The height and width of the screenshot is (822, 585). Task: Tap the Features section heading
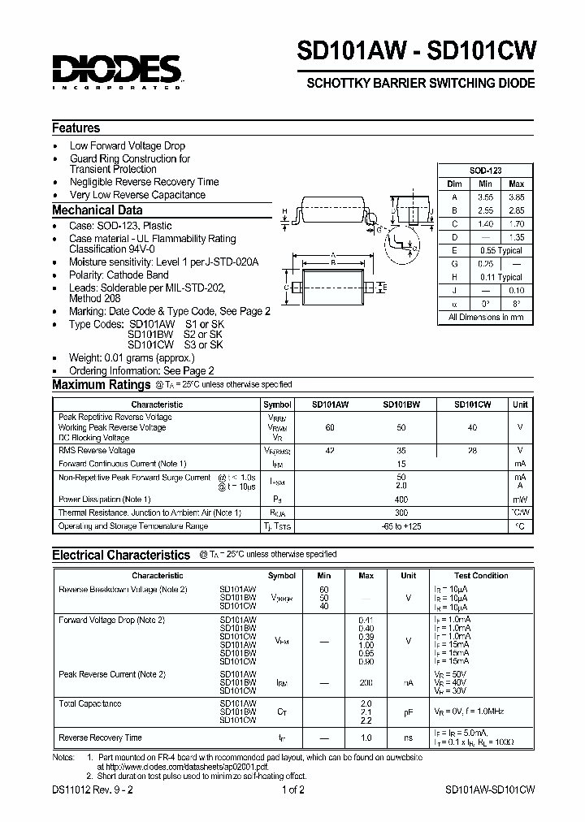[x=76, y=128]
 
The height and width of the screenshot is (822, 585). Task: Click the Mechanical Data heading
[x=97, y=210]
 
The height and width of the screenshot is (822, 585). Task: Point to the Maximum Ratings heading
[x=102, y=385]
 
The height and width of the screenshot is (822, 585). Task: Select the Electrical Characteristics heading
[x=121, y=555]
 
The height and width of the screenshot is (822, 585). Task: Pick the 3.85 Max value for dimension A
[x=516, y=197]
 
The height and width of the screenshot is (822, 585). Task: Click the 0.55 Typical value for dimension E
[x=500, y=251]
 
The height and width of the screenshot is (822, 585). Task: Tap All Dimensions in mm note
[x=486, y=318]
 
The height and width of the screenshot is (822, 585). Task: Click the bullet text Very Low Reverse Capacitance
[x=137, y=195]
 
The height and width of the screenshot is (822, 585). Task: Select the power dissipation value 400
[x=401, y=499]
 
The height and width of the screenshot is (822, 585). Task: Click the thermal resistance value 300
[x=401, y=513]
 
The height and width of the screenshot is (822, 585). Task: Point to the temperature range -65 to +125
[x=401, y=526]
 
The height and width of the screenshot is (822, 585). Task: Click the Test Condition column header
[x=481, y=575]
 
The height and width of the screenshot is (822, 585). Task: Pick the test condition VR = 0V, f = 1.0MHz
[x=479, y=711]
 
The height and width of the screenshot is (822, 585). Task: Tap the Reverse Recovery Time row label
[x=100, y=738]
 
